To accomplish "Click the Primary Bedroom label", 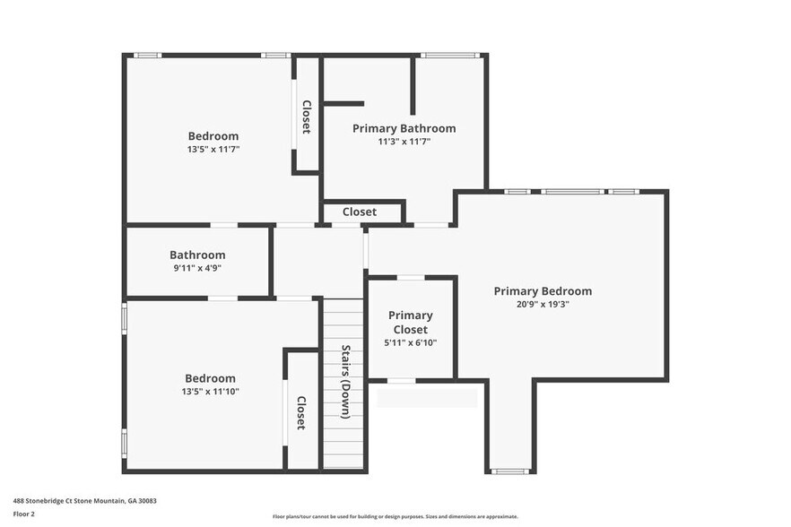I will [543, 291].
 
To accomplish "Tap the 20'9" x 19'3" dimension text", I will [543, 305].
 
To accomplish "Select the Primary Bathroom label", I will [404, 128].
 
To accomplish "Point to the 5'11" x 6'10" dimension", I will [411, 342].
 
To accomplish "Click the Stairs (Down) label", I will [345, 382].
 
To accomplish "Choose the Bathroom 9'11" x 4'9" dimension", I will [197, 268].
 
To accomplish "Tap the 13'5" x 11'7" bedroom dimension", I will [213, 150].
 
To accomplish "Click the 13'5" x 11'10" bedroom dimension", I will [211, 391].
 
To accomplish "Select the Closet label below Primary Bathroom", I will [360, 212].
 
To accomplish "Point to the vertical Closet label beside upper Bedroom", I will [306, 117].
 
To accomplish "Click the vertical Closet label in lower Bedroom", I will [301, 413].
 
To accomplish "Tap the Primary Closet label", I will [411, 322].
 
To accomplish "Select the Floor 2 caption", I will [24, 514].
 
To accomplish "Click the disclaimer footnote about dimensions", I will [395, 517].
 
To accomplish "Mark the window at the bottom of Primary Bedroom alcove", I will [510, 471].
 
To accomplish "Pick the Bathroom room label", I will [197, 255].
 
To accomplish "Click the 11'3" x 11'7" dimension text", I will [404, 142].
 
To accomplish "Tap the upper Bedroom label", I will [213, 136].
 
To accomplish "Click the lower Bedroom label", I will [211, 378].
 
